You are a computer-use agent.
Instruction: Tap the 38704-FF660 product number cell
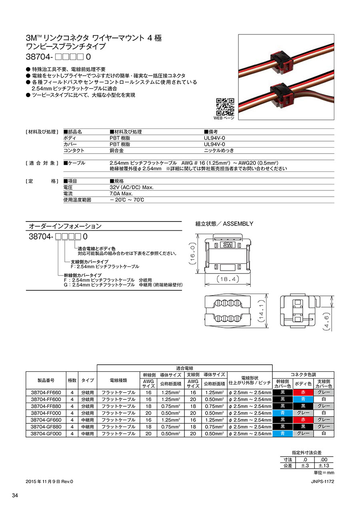(x=46, y=393)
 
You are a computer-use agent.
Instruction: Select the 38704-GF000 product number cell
(x=46, y=433)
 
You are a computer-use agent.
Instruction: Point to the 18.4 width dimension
(x=228, y=279)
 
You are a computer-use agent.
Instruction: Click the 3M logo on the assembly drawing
(x=228, y=244)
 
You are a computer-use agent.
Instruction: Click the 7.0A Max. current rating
(x=121, y=194)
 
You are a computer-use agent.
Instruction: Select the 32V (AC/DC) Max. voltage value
(x=132, y=187)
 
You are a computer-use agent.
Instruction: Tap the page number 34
(x=15, y=496)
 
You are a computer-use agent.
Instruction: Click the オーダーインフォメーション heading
(x=65, y=226)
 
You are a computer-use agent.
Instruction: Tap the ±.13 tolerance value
(x=324, y=466)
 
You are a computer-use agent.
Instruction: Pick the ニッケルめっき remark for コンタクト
(x=219, y=150)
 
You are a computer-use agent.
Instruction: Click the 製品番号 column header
(x=46, y=380)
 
